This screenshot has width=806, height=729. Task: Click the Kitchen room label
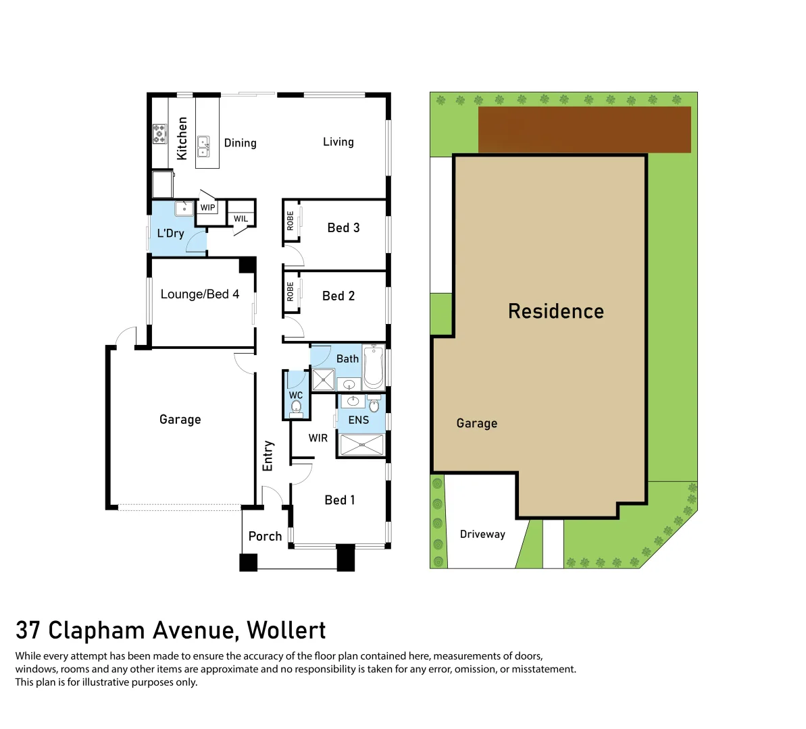point(182,138)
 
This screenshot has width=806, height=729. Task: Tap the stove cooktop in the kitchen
point(159,133)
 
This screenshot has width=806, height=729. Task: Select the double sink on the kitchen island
point(203,146)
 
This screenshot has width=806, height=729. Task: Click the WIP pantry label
point(207,208)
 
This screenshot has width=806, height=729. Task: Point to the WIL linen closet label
point(241,219)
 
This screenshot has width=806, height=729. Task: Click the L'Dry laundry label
point(170,234)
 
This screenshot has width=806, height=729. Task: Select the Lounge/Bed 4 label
point(199,294)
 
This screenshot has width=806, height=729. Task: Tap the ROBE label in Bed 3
point(291,221)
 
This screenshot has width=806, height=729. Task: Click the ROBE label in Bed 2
point(291,292)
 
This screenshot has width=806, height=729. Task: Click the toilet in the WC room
point(296,407)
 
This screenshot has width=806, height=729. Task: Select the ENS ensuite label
point(359,420)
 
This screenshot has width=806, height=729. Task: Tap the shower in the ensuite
point(361,445)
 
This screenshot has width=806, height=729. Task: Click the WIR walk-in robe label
point(318,438)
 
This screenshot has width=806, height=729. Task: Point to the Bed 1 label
point(339,500)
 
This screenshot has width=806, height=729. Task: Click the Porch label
point(265,537)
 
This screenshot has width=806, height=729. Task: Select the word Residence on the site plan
point(555,311)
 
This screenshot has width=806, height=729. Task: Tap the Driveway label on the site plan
point(482,535)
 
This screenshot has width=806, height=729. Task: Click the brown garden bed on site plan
point(584,129)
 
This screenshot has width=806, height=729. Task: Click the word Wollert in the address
point(286,630)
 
